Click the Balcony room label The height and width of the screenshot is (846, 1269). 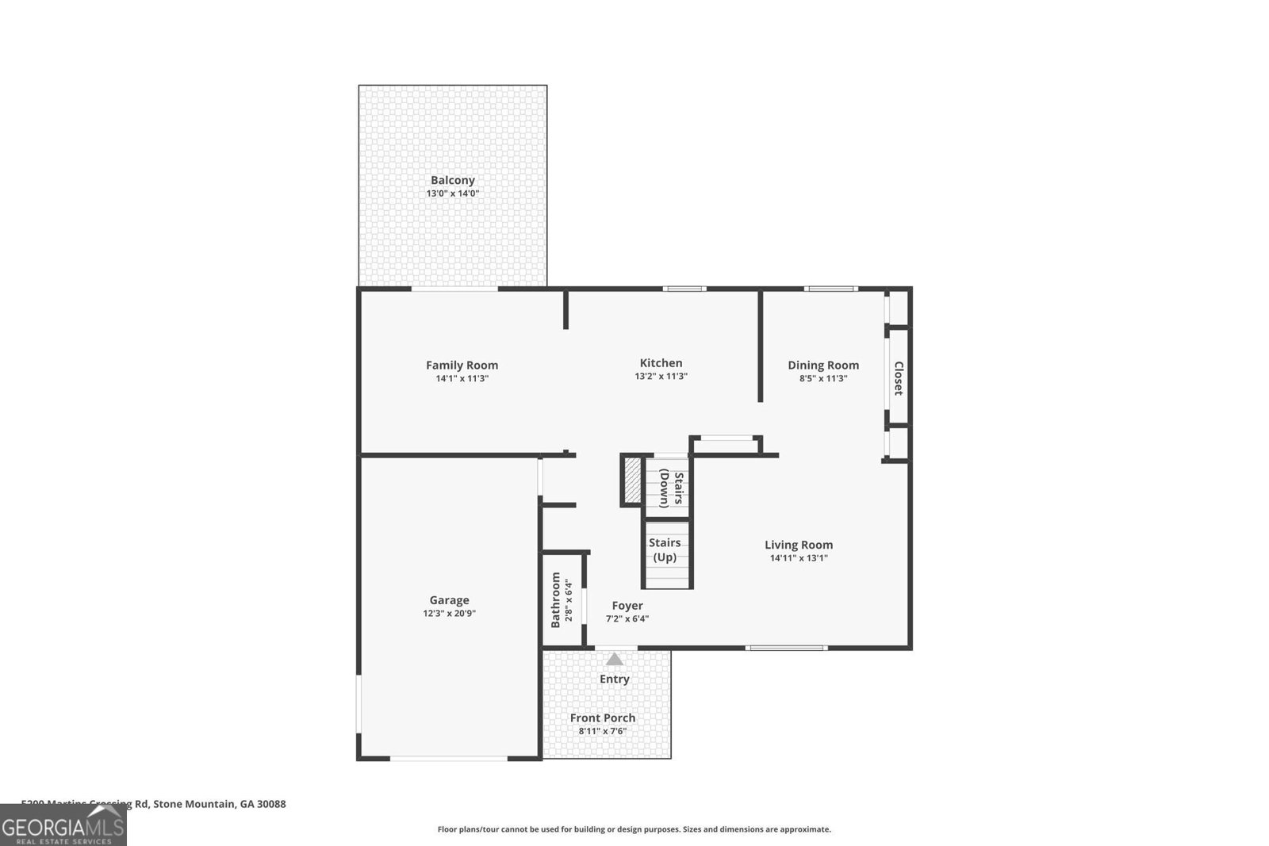[x=452, y=180]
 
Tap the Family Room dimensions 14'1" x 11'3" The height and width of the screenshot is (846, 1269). [x=462, y=379]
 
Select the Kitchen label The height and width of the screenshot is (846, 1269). [x=661, y=363]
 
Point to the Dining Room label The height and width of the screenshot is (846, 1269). [x=822, y=366]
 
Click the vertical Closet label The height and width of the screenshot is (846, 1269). [x=898, y=378]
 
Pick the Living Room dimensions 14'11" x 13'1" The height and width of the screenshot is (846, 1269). [x=798, y=558]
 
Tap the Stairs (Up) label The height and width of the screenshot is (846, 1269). [x=665, y=549]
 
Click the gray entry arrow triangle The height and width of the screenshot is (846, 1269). [x=614, y=659]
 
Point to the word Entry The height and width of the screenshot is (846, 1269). [x=614, y=679]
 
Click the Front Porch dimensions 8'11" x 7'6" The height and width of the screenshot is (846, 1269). [x=603, y=731]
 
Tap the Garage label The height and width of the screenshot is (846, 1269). [x=449, y=600]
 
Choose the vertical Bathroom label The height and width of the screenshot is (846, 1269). [x=555, y=599]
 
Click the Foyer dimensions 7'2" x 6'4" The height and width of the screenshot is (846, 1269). [x=627, y=619]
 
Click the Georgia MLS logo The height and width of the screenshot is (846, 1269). [x=63, y=825]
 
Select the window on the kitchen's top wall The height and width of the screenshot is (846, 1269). [x=684, y=289]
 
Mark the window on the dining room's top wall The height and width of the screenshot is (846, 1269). [x=830, y=289]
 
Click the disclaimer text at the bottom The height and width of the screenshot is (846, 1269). [x=634, y=829]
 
